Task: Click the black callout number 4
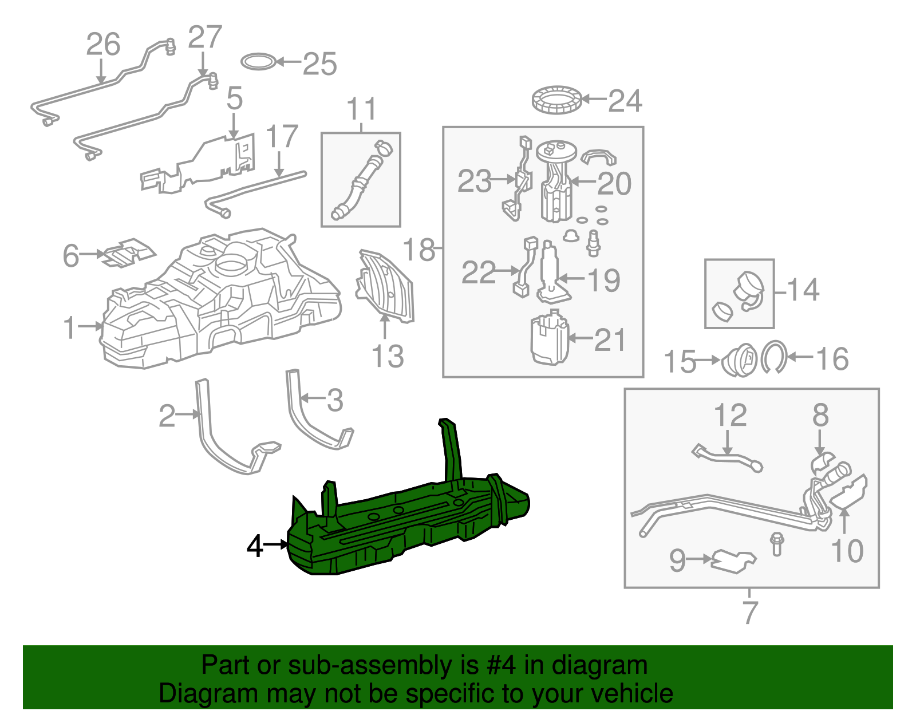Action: (255, 546)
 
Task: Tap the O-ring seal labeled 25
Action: (259, 62)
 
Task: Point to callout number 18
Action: (418, 250)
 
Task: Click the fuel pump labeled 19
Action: (551, 275)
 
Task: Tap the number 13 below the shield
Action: (388, 357)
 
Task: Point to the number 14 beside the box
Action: (803, 290)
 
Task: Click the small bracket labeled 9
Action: (733, 560)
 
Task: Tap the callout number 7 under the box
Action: (750, 613)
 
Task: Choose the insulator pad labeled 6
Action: (129, 252)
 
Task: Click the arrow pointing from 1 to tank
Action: (90, 326)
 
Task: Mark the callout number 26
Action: (103, 45)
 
